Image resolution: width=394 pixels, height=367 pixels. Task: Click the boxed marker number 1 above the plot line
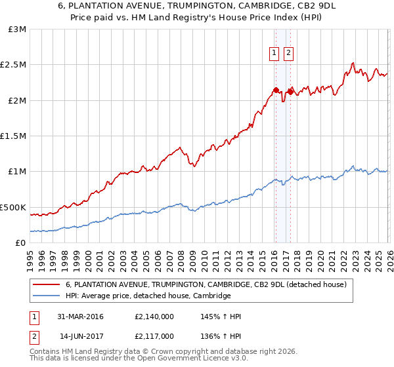273,54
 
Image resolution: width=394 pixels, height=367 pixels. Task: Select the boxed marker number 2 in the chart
288,54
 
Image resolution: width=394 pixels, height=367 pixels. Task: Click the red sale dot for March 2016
276,90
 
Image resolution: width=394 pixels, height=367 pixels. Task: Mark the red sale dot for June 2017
290,92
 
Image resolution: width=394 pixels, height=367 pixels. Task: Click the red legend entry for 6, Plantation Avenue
209,284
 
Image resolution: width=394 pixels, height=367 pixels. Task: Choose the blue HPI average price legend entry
148,296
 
